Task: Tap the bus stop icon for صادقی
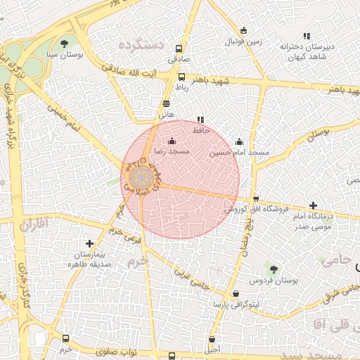point(179,49)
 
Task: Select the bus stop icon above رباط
point(182,77)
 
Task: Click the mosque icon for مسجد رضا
point(172,141)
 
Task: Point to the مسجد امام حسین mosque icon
point(240,141)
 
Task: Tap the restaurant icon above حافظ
point(200,120)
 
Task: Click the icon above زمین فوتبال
point(244,30)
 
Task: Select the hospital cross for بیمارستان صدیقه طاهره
point(89,243)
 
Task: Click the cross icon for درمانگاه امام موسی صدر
point(313,205)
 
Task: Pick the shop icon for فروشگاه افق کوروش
point(256,199)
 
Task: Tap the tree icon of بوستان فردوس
point(274,269)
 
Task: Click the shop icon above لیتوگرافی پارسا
point(235,294)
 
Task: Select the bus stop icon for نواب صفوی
point(172,356)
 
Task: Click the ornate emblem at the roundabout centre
point(139,177)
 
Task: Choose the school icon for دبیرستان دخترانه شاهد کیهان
point(307,36)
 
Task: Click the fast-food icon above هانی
point(166,103)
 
